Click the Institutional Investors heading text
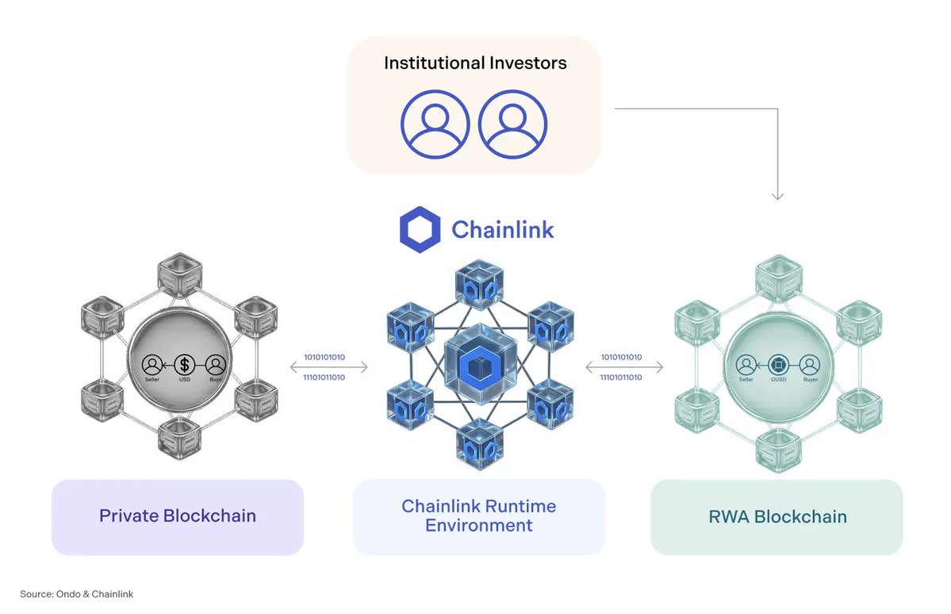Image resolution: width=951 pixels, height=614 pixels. [475, 63]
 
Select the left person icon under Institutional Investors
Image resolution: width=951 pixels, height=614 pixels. [435, 125]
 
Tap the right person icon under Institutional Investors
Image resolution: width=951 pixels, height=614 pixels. [513, 125]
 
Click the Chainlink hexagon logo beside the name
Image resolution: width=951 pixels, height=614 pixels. [420, 229]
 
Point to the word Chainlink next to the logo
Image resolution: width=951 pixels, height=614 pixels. [502, 230]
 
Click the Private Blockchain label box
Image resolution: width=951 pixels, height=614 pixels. [178, 516]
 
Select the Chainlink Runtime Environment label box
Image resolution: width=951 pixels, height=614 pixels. [478, 516]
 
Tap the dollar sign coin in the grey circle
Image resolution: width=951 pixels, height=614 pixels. [185, 364]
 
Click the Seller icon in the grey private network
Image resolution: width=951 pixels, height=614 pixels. [152, 365]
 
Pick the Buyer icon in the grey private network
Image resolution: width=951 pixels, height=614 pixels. [216, 365]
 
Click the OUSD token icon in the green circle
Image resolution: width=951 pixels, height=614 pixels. [778, 365]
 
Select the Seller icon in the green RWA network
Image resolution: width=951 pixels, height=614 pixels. [746, 365]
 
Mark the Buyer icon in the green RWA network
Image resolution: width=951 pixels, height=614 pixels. [810, 365]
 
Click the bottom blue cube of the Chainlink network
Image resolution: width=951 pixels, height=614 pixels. [479, 443]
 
